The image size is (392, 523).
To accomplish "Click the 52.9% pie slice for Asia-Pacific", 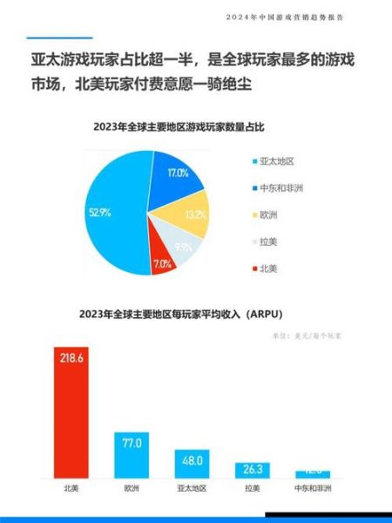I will tap(113, 218).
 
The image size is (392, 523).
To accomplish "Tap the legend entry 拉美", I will tap(268, 241).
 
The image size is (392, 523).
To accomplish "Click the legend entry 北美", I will tap(268, 268).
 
